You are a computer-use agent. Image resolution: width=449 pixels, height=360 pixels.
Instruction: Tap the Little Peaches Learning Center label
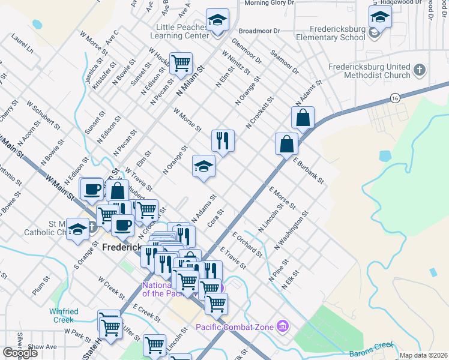[182, 31]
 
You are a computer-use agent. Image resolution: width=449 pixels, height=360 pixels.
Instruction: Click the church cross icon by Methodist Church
[420, 70]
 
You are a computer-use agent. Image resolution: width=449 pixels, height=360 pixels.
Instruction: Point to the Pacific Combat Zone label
[234, 327]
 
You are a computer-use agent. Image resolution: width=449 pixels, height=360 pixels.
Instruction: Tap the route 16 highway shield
[394, 97]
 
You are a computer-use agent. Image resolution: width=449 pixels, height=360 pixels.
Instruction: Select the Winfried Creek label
[64, 316]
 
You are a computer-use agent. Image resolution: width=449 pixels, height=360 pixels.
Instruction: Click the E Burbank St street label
[309, 171]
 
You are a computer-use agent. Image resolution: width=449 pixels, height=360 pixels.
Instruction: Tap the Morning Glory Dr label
[270, 3]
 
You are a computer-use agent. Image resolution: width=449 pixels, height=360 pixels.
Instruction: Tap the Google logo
[20, 353]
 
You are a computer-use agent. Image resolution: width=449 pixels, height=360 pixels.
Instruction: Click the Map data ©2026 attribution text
[423, 355]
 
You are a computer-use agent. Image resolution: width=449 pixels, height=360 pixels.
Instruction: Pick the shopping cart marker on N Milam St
[180, 62]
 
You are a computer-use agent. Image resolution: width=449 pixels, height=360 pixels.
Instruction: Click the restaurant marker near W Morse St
[223, 140]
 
